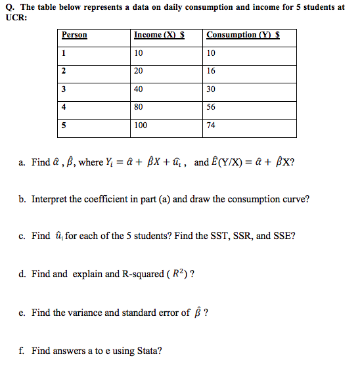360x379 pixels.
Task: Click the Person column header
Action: click(74, 35)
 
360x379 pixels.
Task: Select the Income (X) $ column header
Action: click(158, 35)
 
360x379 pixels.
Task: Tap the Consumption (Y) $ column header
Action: click(242, 35)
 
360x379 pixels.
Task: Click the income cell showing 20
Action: click(139, 70)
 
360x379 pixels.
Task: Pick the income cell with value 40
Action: click(139, 89)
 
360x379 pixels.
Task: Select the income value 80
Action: click(139, 106)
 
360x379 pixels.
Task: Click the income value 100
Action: click(141, 125)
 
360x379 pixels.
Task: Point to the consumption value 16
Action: click(211, 70)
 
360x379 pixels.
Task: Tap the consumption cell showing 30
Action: click(211, 89)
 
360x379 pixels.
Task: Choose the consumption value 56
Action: click(211, 106)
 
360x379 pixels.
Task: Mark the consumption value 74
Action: click(211, 125)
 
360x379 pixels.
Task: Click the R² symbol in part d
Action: click(177, 274)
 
